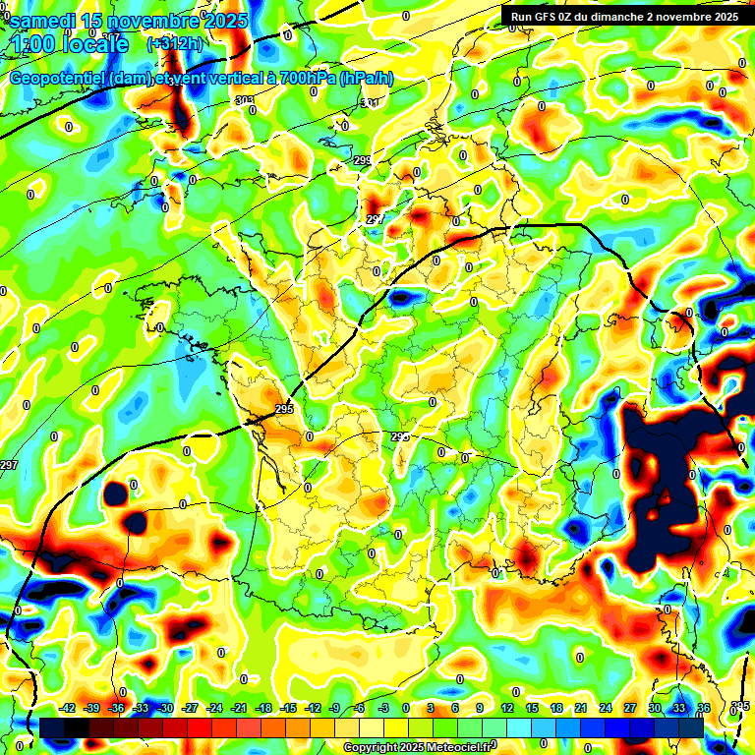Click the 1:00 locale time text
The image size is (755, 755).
tap(69, 45)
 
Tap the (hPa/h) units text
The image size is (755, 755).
tap(366, 79)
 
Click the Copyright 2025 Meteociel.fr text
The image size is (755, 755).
tap(418, 748)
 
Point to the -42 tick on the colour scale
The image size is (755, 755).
tap(68, 708)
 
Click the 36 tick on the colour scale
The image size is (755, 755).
tap(703, 708)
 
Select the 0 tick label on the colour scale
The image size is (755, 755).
tap(405, 708)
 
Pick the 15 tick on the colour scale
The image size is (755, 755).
tap(532, 708)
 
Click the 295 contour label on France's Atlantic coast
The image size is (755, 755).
tap(285, 409)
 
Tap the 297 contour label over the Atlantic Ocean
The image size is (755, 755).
tap(9, 465)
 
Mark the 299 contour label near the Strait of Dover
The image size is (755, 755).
tap(362, 160)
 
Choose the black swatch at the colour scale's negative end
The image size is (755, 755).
tap(52, 728)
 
